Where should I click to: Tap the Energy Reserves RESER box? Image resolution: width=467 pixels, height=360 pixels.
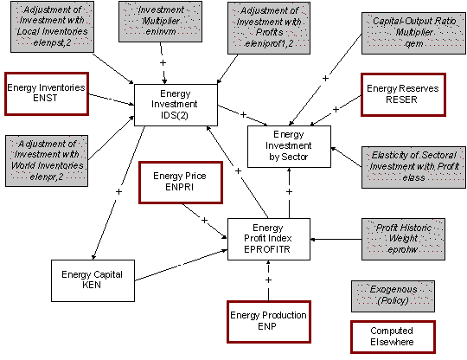[x=400, y=93]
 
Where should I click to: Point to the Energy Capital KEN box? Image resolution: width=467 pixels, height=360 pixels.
[x=92, y=280]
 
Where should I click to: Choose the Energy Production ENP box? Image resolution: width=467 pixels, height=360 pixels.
[x=267, y=320]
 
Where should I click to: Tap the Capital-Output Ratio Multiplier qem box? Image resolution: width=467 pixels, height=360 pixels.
[x=400, y=32]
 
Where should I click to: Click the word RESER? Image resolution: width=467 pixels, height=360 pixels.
[x=400, y=99]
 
